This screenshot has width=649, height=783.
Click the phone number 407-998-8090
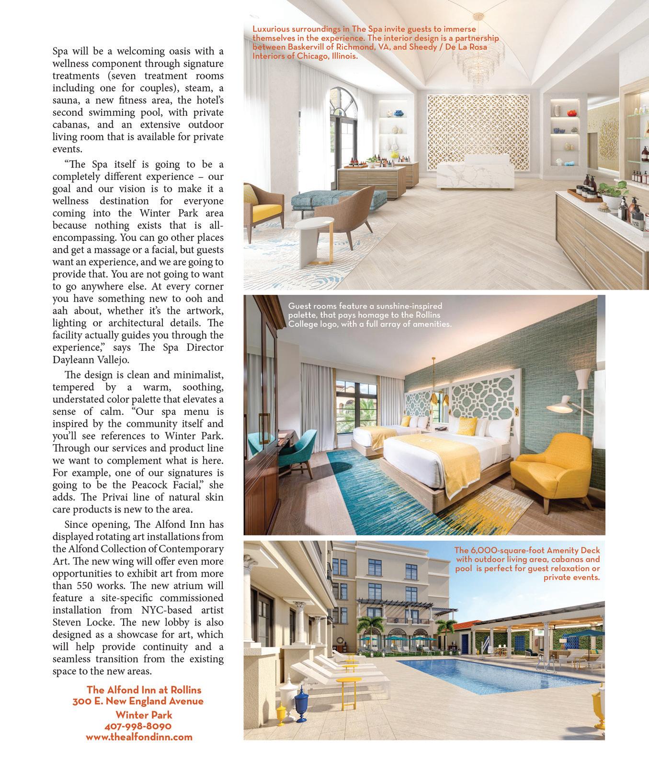click(138, 726)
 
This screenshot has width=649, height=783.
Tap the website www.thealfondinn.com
click(139, 737)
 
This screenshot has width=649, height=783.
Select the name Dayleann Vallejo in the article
click(90, 359)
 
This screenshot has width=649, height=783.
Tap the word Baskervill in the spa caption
click(309, 47)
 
